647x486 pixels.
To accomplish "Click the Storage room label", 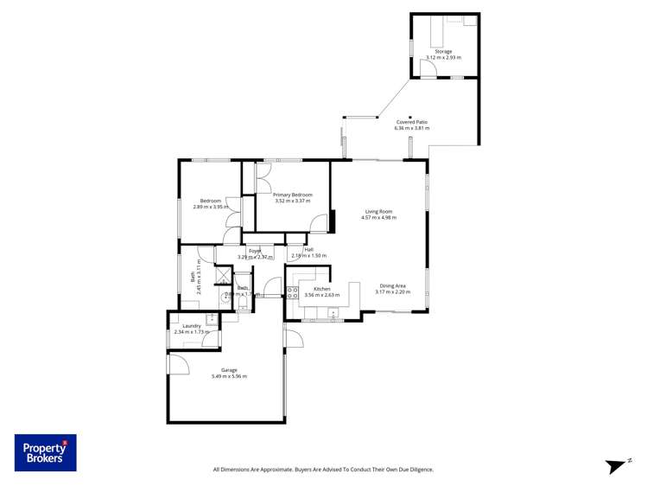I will [443, 51].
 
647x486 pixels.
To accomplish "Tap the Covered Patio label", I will [411, 122].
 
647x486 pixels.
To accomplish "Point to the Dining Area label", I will [392, 285].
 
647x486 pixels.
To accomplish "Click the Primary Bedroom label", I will [292, 195].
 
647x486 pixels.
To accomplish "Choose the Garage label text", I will [229, 370].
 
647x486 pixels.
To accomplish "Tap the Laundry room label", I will [192, 326].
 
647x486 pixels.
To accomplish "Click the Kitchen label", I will [322, 289].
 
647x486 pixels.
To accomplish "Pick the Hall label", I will [308, 249].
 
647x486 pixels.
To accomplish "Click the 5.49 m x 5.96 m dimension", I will [229, 376].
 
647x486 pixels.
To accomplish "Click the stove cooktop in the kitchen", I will [293, 292].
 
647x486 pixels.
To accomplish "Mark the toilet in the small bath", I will [228, 293].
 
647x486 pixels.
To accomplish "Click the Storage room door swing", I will [428, 70].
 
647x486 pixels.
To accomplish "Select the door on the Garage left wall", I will [179, 364].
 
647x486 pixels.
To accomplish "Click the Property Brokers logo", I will [45, 452].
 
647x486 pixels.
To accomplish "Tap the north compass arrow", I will [616, 466].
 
